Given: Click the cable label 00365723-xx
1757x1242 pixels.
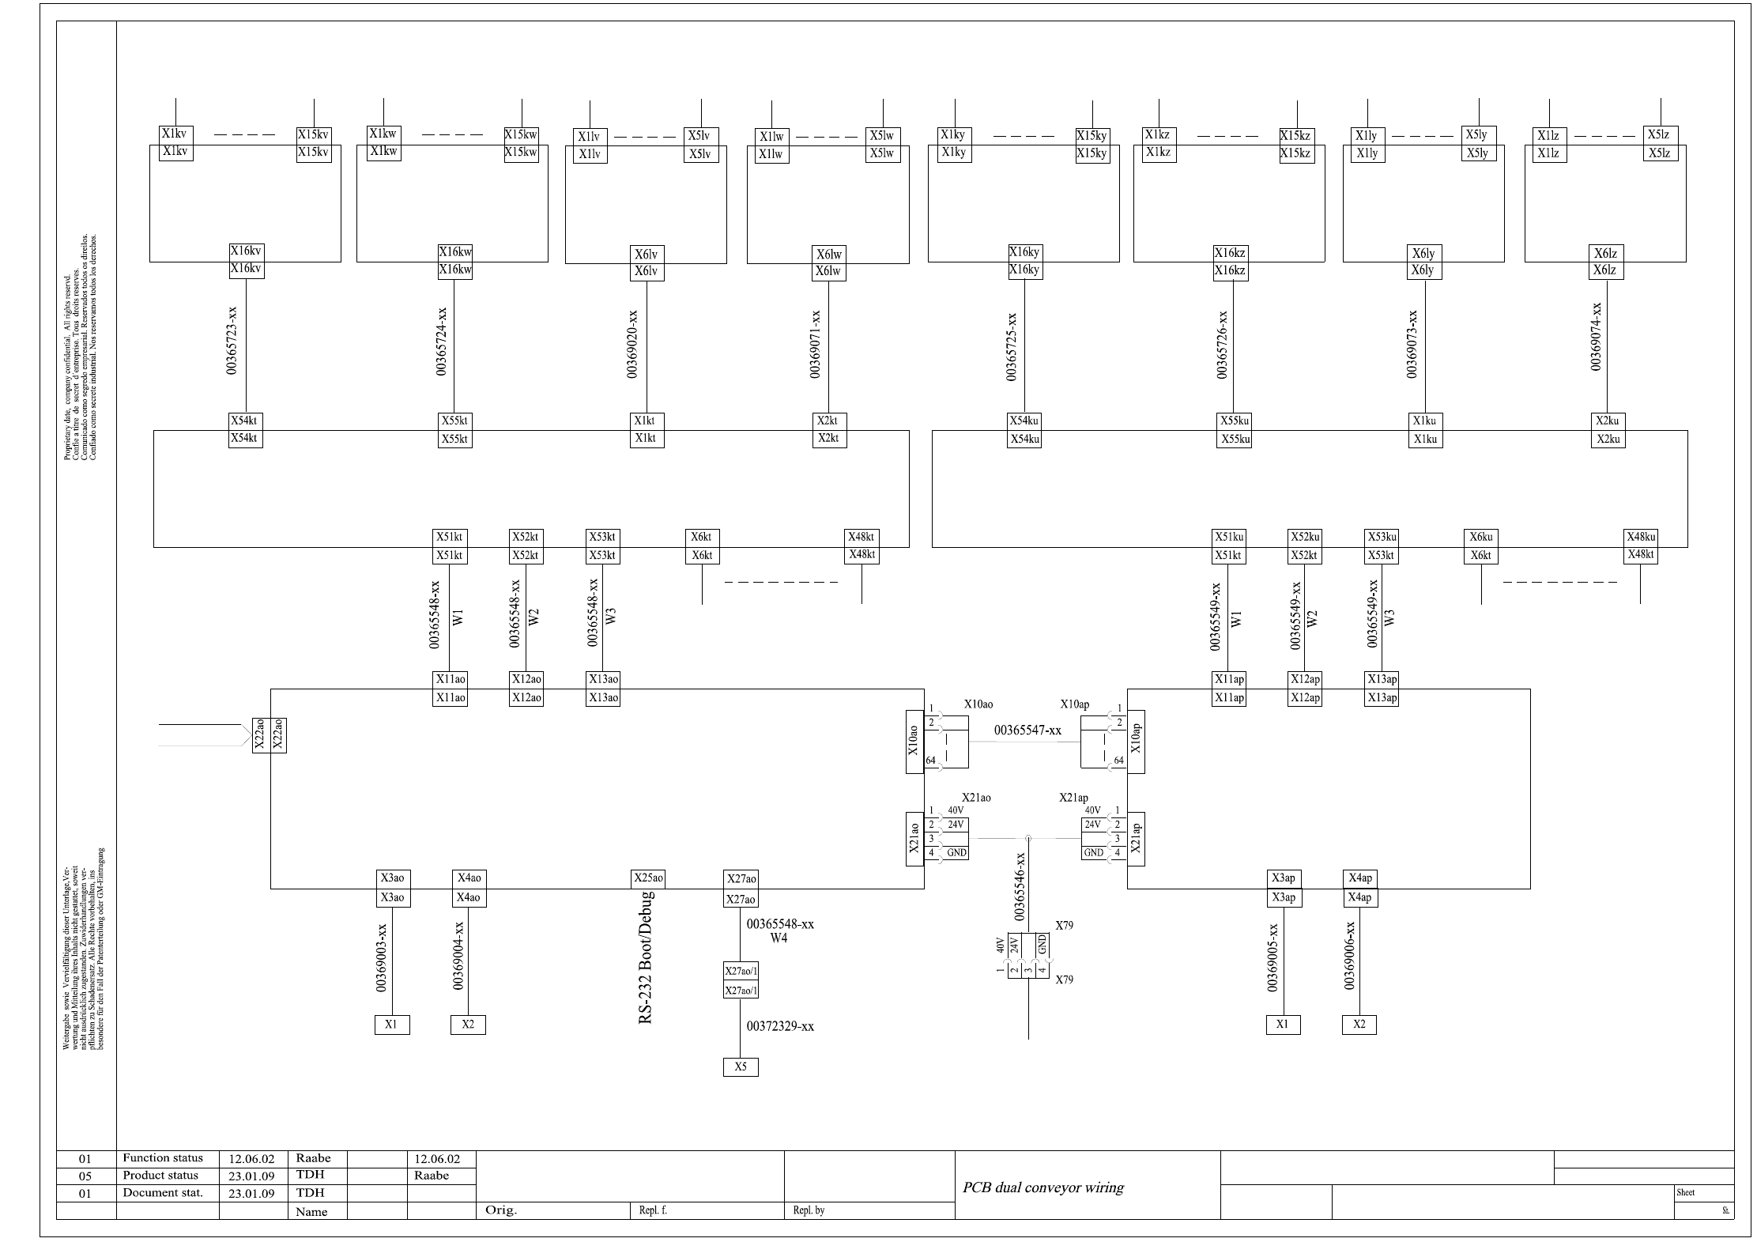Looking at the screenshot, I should point(232,341).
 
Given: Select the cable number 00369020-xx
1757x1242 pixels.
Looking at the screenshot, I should point(632,344).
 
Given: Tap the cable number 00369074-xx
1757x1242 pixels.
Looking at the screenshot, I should point(1596,336).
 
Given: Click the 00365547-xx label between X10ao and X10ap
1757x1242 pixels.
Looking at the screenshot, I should point(1027,730).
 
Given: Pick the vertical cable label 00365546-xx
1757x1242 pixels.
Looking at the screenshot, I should point(1020,886).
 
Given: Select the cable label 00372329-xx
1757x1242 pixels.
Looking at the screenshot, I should point(780,1026).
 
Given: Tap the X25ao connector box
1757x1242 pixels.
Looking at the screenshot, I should point(648,878).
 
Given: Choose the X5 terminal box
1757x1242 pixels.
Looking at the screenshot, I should point(741,1066).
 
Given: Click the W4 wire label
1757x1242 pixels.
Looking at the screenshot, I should point(779,938).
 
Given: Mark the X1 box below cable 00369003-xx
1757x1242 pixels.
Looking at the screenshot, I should point(392,1025).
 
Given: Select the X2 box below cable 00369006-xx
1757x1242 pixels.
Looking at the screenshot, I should point(1359,1024).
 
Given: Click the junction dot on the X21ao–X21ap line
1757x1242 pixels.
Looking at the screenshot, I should point(1027,838).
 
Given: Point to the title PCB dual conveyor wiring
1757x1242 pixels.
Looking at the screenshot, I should point(1043,1187).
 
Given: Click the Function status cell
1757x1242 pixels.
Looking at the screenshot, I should point(163,1158).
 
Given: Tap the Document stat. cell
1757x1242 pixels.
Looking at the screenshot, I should point(163,1193).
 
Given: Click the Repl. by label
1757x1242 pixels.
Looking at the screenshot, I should point(809,1210).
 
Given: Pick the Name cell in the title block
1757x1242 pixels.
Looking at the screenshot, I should point(311,1211).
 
